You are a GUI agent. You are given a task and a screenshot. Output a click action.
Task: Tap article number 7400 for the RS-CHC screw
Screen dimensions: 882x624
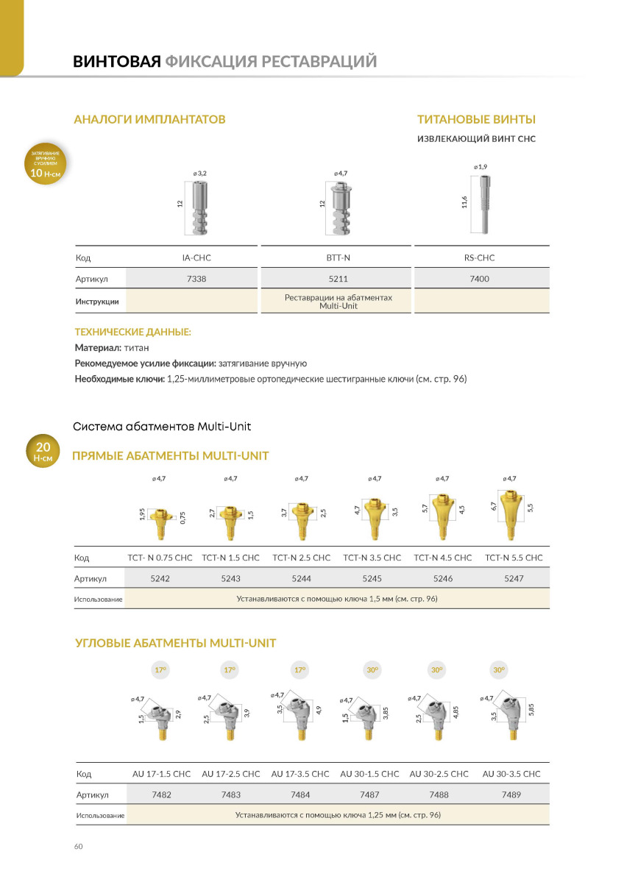(x=480, y=279)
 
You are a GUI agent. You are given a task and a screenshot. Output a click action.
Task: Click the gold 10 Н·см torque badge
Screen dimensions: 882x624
(x=46, y=165)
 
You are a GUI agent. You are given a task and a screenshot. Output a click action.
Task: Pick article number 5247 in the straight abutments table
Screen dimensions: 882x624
(x=514, y=579)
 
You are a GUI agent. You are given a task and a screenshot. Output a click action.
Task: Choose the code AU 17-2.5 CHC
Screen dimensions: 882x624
(x=231, y=774)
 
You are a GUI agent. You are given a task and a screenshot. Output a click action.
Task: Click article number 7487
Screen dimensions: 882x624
(x=369, y=794)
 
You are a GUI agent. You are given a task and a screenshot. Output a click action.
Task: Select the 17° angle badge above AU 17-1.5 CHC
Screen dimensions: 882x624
(x=160, y=670)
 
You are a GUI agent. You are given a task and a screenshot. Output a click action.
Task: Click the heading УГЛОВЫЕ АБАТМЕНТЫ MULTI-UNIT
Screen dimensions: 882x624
(x=176, y=644)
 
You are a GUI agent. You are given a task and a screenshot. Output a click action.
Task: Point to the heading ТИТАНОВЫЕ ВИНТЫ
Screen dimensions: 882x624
(x=476, y=119)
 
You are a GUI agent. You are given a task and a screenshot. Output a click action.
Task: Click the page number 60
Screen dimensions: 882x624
(x=79, y=847)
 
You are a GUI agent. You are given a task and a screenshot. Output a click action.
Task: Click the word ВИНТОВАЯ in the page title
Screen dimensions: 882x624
(x=116, y=61)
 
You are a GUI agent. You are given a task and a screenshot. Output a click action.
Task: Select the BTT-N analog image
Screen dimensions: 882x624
(x=339, y=207)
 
